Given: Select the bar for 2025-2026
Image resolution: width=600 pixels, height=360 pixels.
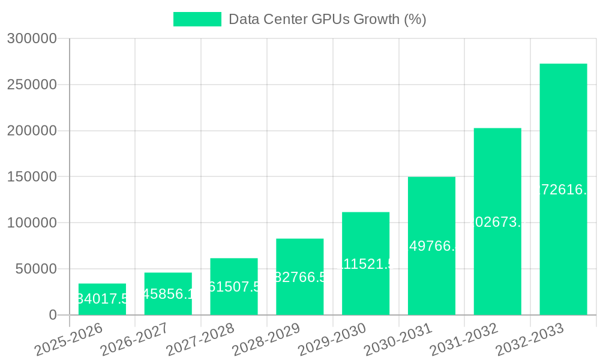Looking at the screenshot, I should [x=102, y=299].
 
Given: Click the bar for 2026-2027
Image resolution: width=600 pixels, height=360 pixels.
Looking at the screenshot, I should [x=168, y=294].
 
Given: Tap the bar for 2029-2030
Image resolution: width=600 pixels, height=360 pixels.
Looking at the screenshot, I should [x=365, y=264].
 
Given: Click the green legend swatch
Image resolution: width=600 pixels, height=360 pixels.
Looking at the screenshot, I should [x=197, y=19].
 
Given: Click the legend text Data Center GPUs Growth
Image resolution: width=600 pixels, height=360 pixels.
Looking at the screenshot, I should [x=328, y=19].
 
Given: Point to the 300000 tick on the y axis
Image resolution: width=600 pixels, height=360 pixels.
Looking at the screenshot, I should [x=32, y=39].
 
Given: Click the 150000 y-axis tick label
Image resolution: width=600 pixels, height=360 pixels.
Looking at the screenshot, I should [x=32, y=177].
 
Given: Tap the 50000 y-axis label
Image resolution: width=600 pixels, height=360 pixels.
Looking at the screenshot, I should [x=35, y=269].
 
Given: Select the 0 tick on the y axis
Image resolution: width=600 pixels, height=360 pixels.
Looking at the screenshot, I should [x=53, y=315].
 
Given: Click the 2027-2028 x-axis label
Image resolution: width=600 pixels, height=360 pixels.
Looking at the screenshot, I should [x=200, y=340].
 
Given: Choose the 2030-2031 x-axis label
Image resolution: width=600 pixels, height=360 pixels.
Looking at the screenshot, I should [x=398, y=340].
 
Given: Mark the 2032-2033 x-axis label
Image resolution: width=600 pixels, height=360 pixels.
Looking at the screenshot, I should [x=530, y=340].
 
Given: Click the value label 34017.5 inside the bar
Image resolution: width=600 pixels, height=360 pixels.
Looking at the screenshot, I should [x=102, y=299].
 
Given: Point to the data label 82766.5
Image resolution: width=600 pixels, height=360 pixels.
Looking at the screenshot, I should [x=300, y=277].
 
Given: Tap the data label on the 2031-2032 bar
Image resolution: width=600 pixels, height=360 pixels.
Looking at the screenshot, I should [x=497, y=222].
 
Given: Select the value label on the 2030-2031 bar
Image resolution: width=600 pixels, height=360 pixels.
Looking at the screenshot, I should [x=431, y=246].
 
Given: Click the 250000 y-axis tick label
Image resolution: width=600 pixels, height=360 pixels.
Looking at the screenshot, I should [x=32, y=85].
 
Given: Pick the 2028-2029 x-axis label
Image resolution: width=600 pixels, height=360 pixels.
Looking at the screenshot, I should [x=266, y=340].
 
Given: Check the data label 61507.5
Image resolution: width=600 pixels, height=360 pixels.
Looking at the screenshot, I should [x=234, y=287].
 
